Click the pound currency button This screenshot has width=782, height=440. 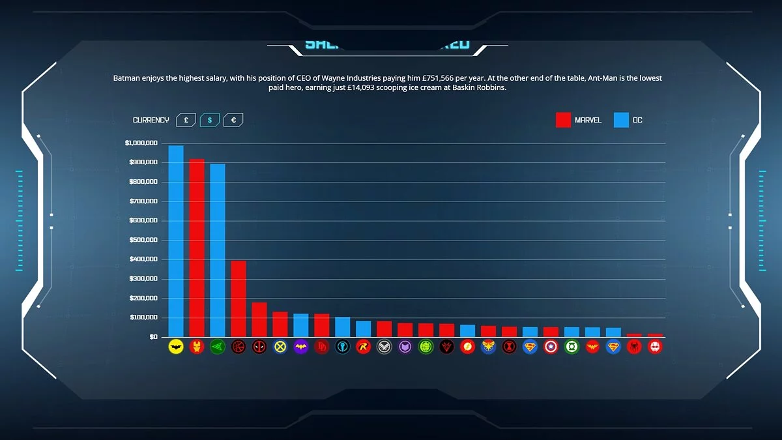pos(186,120)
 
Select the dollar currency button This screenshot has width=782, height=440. pos(209,120)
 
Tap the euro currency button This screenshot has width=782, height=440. pos(233,120)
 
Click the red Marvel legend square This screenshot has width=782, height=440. pos(563,120)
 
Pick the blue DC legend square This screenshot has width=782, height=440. pos(621,120)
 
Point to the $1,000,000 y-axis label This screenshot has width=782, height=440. pos(141,143)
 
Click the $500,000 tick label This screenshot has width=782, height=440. pos(142,240)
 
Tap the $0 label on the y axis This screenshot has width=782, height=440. pos(152,336)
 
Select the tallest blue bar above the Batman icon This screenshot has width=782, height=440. pos(175,241)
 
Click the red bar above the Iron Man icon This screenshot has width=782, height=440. pos(196,248)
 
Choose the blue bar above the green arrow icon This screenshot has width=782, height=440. pos(217,250)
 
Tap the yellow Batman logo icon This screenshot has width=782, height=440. pos(175,347)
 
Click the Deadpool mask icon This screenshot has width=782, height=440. pos(259,347)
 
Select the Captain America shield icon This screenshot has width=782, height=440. pos(551,347)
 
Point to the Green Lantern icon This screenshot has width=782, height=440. pos(572,347)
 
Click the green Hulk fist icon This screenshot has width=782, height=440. pos(426,347)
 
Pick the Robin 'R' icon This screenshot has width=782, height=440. pos(363,347)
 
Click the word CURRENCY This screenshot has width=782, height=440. pos(151,120)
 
